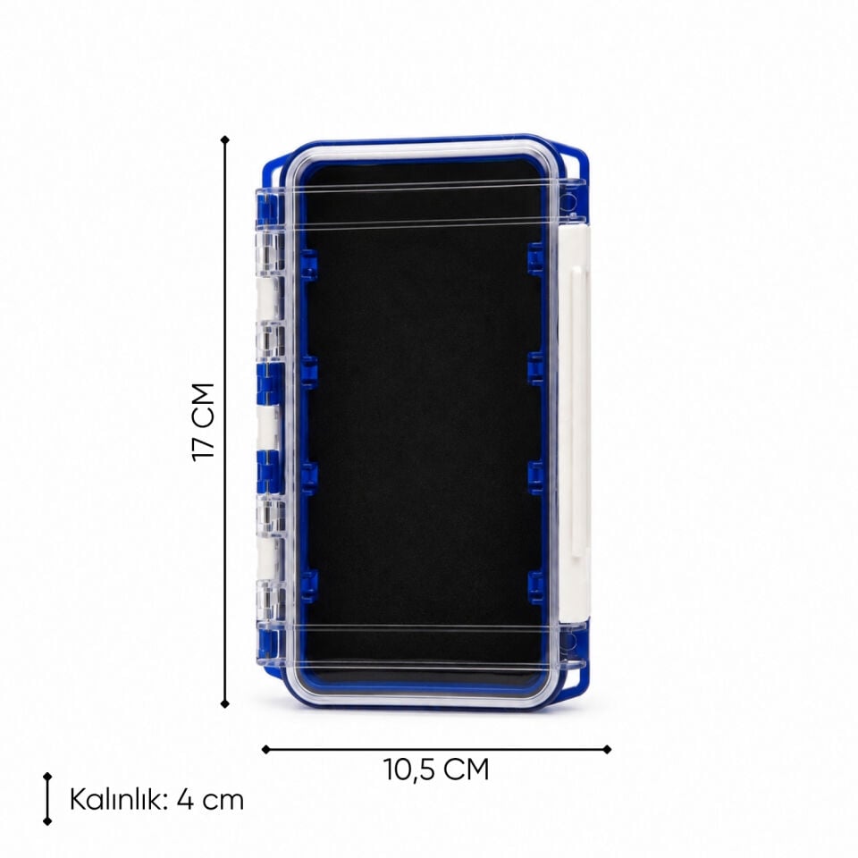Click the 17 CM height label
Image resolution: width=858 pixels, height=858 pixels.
coord(203,422)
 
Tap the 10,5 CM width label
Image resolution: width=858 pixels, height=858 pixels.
coord(436,770)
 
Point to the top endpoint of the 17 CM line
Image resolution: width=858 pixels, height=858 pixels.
coord(225,139)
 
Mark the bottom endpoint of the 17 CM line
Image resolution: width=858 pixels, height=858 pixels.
coord(225,703)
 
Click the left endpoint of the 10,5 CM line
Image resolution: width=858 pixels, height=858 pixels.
coord(266,749)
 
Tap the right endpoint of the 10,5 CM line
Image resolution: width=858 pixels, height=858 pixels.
coord(607,749)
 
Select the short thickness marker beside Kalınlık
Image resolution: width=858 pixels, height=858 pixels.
coord(47,799)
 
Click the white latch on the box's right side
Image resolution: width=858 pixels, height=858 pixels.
coord(575,424)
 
